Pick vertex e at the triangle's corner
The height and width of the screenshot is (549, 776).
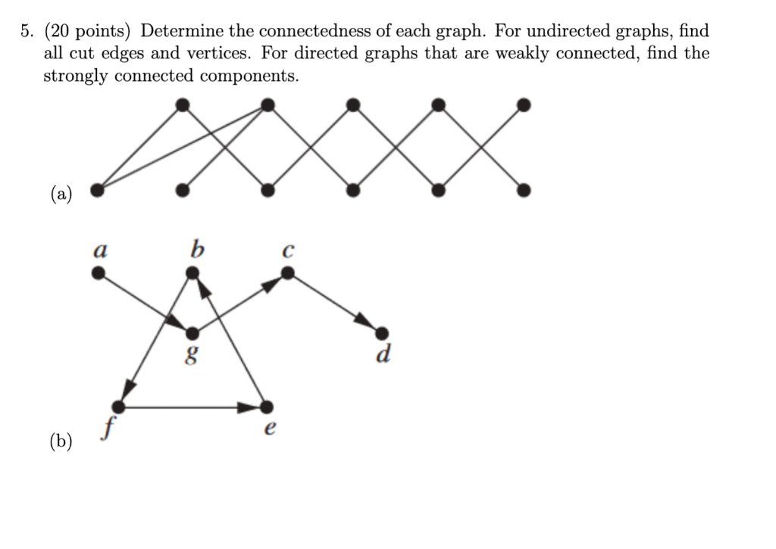click(x=266, y=407)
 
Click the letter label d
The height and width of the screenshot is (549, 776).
click(x=383, y=354)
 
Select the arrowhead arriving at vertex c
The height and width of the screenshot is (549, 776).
click(x=274, y=282)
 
